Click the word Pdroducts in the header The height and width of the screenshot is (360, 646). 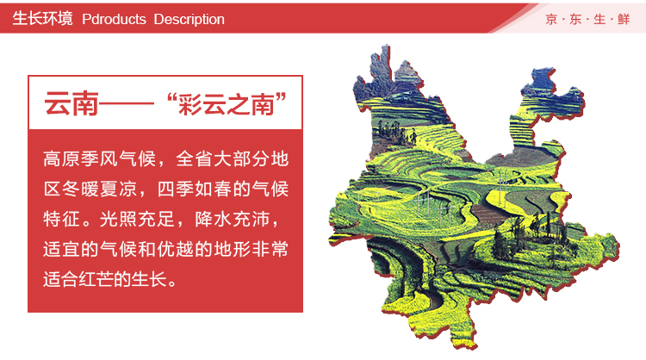[114, 19]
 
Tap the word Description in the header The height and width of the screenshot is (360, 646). [189, 19]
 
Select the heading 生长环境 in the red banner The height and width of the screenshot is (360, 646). [42, 19]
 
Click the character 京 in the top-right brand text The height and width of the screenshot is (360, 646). [551, 19]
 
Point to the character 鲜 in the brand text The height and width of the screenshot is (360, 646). [624, 19]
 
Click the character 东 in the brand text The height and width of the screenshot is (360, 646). [575, 19]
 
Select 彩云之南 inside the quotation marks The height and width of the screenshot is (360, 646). [227, 104]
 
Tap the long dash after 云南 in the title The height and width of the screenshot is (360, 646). [127, 104]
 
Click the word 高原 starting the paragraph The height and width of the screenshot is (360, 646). [61, 158]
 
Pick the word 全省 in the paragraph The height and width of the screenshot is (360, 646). [195, 158]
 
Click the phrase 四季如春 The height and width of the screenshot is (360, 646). [195, 189]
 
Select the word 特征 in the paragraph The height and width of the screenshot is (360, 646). [61, 219]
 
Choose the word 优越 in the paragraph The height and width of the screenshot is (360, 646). [176, 249]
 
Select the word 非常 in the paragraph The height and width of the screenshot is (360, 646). [270, 249]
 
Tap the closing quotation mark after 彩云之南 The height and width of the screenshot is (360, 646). [281, 98]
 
